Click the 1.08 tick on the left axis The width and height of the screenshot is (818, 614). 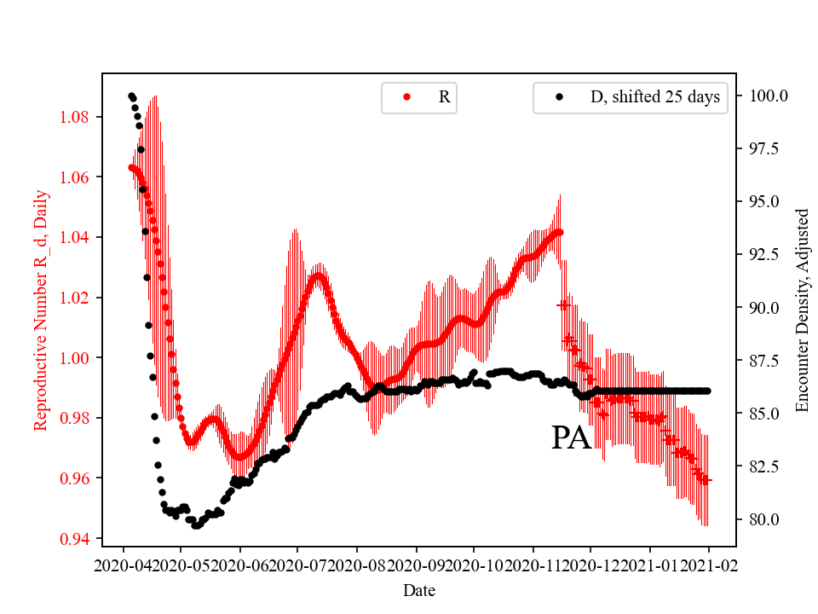pos(75,117)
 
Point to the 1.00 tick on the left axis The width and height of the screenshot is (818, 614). pos(75,358)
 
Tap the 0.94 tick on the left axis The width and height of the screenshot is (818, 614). pos(75,539)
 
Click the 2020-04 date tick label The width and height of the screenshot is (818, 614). pos(123,566)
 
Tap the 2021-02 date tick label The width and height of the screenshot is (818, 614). pos(709,566)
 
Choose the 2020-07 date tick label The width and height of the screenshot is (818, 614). pos(298,566)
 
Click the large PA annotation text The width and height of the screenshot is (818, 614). pos(571,438)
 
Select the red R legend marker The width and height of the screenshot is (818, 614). pos(406,97)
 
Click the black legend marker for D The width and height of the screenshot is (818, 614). pos(559,97)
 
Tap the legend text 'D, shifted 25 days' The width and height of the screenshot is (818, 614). pos(655,97)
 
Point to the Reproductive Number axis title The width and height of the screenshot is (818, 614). pos(40,310)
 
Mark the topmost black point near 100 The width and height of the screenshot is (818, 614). pos(131,96)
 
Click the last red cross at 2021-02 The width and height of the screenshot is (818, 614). pos(706,480)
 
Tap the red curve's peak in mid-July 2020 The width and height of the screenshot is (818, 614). pos(319,275)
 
